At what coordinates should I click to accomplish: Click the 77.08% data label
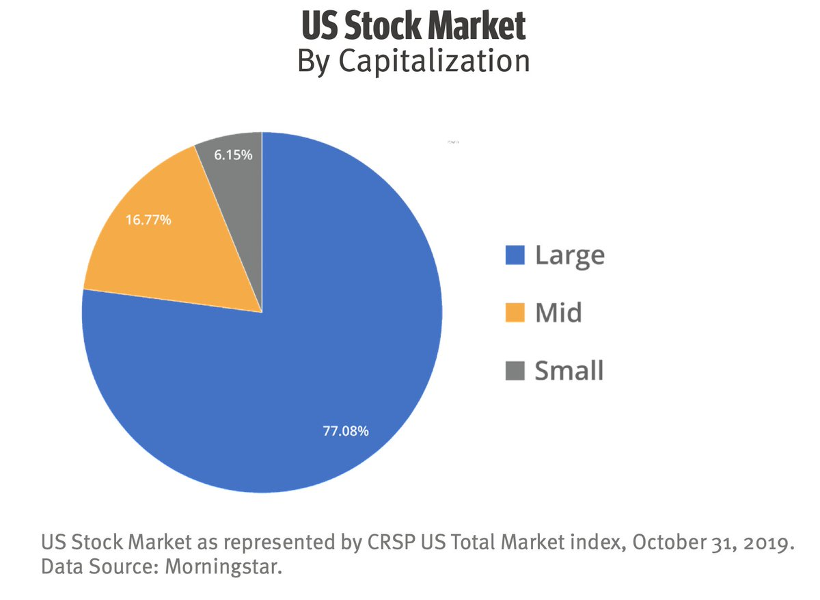click(346, 431)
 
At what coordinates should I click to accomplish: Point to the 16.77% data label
click(148, 220)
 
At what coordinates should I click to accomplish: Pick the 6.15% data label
click(233, 155)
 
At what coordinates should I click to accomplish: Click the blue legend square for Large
click(515, 255)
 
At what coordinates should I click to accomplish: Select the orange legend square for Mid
click(515, 313)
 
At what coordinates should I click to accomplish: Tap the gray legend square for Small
click(515, 371)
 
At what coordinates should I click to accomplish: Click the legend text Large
click(569, 255)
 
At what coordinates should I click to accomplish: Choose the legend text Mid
click(558, 313)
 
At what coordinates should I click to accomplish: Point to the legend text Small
click(569, 371)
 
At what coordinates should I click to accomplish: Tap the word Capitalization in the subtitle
click(435, 62)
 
